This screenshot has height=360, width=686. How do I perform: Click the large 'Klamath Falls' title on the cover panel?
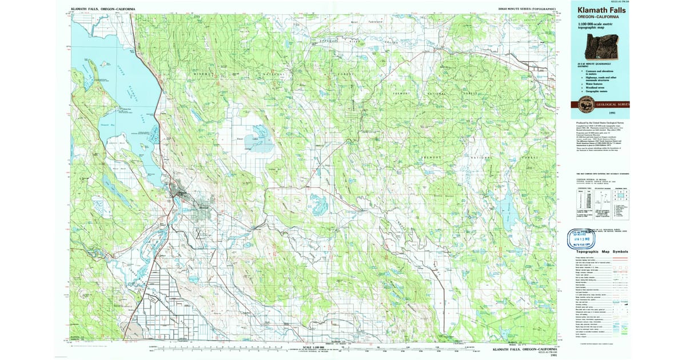click(601, 10)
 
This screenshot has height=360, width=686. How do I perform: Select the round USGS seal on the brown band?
click(586, 105)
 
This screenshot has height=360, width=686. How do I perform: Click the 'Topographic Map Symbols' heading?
click(602, 251)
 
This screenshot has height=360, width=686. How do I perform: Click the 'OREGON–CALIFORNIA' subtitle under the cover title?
click(597, 17)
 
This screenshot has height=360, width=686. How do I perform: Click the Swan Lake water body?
click(257, 140)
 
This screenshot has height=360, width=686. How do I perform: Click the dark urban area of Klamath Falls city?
click(182, 195)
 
